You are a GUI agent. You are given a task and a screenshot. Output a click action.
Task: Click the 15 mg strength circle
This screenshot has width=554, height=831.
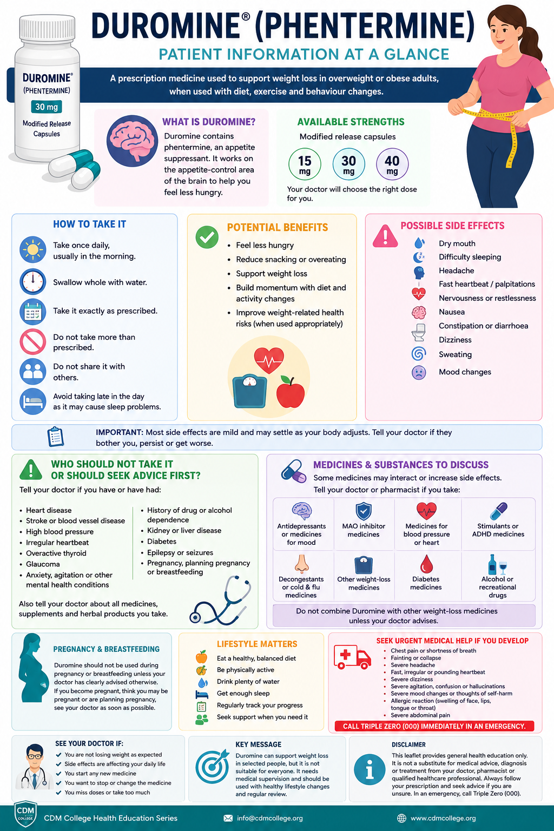pos(305,164)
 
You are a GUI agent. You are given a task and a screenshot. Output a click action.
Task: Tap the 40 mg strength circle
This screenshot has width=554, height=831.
pos(392,164)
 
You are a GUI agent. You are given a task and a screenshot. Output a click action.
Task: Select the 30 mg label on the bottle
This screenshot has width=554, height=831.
pos(47,107)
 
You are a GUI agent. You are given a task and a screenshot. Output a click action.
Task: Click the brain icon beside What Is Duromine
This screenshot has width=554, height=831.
pos(132,141)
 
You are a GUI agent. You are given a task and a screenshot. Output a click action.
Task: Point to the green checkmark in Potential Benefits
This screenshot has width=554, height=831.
pos(207,237)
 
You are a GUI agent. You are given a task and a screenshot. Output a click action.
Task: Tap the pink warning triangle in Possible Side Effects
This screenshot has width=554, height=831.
pos(385,236)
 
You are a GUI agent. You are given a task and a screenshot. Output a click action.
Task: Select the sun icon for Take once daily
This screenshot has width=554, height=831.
pos(32,249)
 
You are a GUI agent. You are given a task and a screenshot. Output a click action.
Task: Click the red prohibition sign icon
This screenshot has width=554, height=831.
pos(32,341)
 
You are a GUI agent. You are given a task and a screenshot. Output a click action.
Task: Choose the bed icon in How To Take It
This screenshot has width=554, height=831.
pos(32,401)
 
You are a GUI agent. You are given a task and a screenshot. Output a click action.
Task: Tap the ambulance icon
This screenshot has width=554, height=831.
pos(353,657)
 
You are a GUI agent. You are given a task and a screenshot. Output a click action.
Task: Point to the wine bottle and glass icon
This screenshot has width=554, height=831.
pos(497,565)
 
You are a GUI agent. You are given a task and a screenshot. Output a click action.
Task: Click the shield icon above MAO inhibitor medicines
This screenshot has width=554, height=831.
pos(364,511)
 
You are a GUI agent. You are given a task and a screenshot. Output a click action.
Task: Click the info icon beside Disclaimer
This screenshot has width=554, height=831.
pos(370,769)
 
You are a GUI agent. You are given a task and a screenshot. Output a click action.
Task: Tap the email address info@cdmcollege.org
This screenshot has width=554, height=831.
pos(270,818)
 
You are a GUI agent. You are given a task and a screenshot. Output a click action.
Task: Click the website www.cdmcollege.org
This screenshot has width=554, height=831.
pos(443,818)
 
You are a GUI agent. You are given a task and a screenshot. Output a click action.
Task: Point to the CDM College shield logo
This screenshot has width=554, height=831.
pos(25,814)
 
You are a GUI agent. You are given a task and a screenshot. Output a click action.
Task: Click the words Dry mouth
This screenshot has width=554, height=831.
pos(457,243)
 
